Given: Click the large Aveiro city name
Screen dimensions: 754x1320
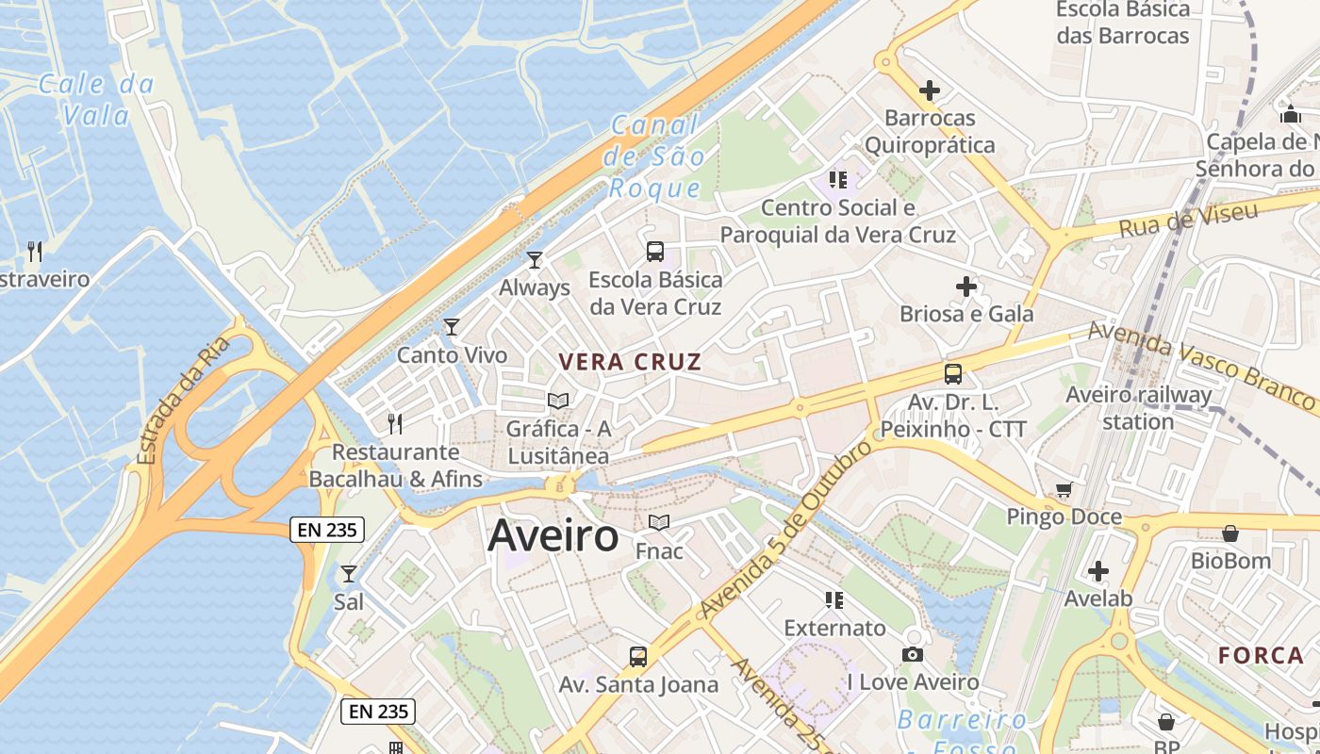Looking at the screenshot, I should click(553, 536).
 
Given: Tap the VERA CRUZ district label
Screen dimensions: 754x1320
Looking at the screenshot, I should click(630, 362).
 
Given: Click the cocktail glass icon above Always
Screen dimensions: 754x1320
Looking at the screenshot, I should click(535, 259).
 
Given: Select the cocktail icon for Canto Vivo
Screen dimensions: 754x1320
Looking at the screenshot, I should click(452, 327).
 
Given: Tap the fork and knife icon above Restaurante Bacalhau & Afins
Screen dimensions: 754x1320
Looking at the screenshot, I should click(395, 423).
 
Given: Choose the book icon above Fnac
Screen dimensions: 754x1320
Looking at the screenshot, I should click(659, 522).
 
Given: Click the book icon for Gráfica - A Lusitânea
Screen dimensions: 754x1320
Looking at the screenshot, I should click(558, 402).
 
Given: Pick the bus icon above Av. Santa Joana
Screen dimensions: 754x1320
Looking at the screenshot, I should click(638, 656).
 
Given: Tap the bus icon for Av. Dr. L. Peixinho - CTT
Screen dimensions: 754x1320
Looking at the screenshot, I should click(953, 373).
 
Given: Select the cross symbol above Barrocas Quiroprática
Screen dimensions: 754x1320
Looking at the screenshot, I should click(930, 90).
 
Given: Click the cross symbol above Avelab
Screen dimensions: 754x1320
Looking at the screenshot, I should click(1098, 571).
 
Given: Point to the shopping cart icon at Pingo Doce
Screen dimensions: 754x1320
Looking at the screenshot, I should click(1064, 489).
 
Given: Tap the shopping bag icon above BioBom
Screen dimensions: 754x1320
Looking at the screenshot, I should click(1229, 533).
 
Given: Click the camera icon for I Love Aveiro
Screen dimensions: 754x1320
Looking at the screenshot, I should click(913, 654).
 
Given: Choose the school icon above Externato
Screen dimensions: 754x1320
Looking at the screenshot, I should click(834, 599).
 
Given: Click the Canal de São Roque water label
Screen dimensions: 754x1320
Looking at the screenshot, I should click(655, 156).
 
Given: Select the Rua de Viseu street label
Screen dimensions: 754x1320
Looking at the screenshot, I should click(1189, 220).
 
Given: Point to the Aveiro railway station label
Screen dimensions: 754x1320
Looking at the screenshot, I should click(1138, 407).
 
